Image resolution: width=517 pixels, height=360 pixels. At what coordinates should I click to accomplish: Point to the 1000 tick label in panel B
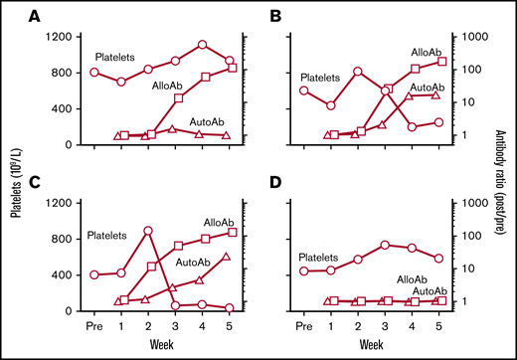click(470, 37)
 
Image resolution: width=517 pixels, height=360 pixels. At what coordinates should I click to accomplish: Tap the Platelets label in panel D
click(325, 257)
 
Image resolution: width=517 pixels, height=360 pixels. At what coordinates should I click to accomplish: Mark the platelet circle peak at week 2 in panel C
click(148, 231)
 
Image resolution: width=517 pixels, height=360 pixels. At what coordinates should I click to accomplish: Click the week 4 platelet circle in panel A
click(202, 45)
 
